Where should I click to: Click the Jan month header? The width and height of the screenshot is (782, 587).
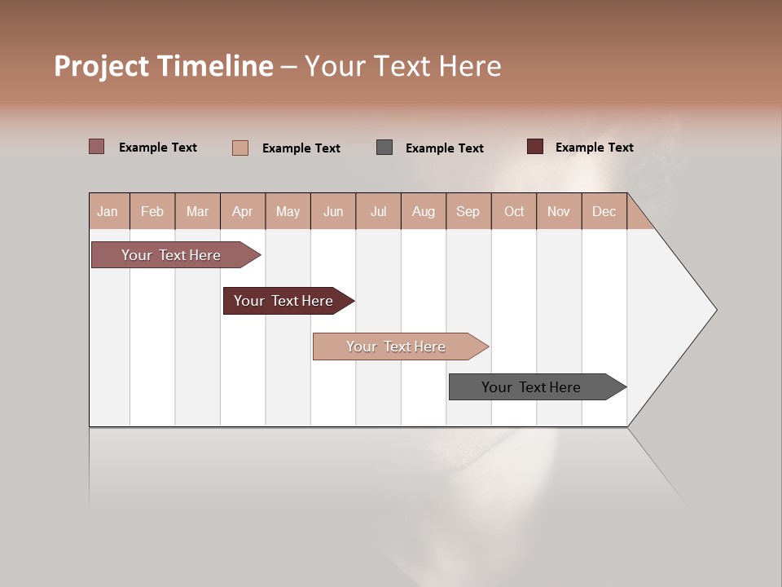[108, 211]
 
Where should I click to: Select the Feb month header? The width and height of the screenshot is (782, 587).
[152, 211]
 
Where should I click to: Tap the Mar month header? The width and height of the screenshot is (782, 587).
[197, 211]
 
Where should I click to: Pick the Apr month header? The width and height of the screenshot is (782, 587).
[243, 211]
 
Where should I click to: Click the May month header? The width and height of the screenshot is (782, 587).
[288, 211]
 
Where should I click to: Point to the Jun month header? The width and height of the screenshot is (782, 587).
[333, 211]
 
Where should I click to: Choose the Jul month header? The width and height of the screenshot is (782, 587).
[378, 211]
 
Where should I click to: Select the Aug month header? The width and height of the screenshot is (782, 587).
[424, 211]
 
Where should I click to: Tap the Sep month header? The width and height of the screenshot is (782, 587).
[468, 211]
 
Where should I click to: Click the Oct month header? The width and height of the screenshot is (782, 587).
[514, 211]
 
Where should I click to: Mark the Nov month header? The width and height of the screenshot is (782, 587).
[559, 211]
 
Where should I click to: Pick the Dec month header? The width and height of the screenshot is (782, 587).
[604, 211]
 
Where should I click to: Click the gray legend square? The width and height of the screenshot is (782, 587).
[384, 148]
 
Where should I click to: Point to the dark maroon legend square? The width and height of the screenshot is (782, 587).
[534, 147]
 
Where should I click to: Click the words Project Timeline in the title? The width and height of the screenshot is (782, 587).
[164, 66]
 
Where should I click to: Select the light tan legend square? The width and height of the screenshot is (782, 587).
[240, 148]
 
